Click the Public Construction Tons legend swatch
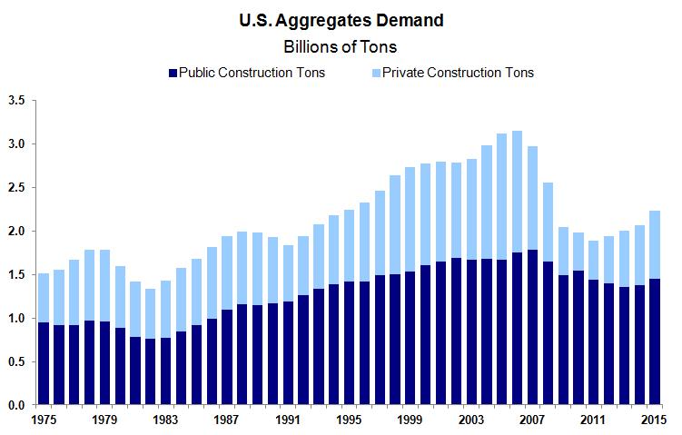point(173,73)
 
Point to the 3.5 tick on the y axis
point(16,100)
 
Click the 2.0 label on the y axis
point(16,231)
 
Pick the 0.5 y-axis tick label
point(16,361)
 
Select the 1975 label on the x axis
point(44,420)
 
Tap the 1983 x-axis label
point(166,420)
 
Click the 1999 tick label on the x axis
point(409,420)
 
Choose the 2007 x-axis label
point(531,420)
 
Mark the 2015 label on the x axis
point(653,420)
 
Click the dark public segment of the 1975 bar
point(44,363)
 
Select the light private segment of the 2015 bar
point(653,245)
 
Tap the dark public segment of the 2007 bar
point(531,327)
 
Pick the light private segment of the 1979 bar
point(105,286)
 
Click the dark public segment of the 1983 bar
point(166,371)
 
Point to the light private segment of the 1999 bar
point(409,219)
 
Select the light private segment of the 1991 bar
point(288,273)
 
